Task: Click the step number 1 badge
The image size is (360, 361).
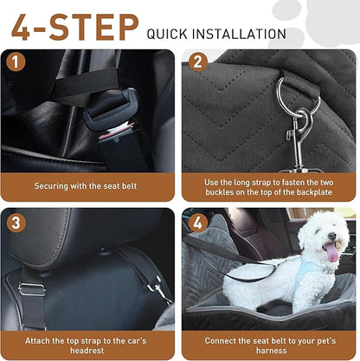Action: coord(15,61)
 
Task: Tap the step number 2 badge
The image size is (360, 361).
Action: coord(198,61)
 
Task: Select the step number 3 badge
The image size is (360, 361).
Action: coord(15,221)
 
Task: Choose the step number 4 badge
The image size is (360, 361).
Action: coord(198,221)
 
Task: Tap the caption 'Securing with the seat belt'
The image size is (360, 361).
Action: coord(90,185)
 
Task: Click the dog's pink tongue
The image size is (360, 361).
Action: coord(331,253)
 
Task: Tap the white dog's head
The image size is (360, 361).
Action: coord(320,234)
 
